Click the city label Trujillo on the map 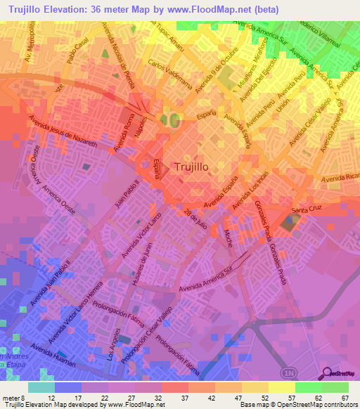pyautogui.click(x=193, y=167)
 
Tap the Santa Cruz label pyautogui.click(x=307, y=210)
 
